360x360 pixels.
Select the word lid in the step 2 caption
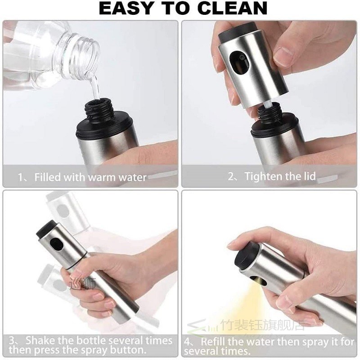(307, 176)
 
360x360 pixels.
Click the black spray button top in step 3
(43, 229)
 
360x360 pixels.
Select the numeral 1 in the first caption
(21, 177)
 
